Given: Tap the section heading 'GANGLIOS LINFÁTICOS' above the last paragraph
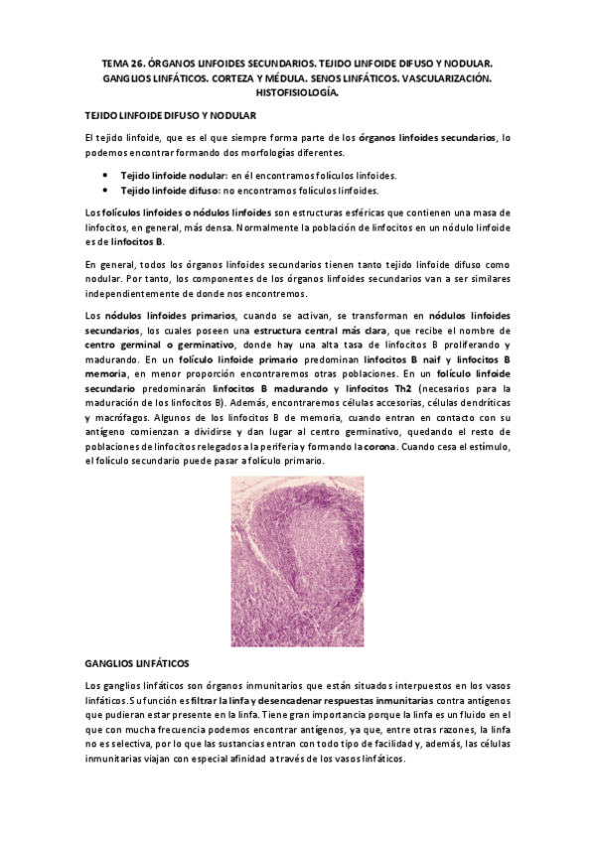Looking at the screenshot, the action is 137,662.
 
